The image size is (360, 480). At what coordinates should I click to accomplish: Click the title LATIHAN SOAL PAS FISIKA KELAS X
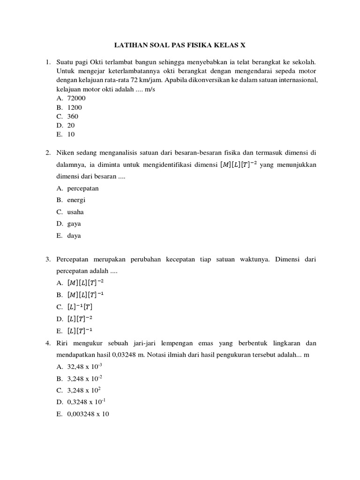180,45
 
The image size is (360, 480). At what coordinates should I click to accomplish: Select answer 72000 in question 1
76,98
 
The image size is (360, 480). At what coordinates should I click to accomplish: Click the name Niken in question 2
66,153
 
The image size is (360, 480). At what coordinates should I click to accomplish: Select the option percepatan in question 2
83,188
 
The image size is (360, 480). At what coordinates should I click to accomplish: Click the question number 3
48,259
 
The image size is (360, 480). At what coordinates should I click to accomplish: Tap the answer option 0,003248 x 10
88,414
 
